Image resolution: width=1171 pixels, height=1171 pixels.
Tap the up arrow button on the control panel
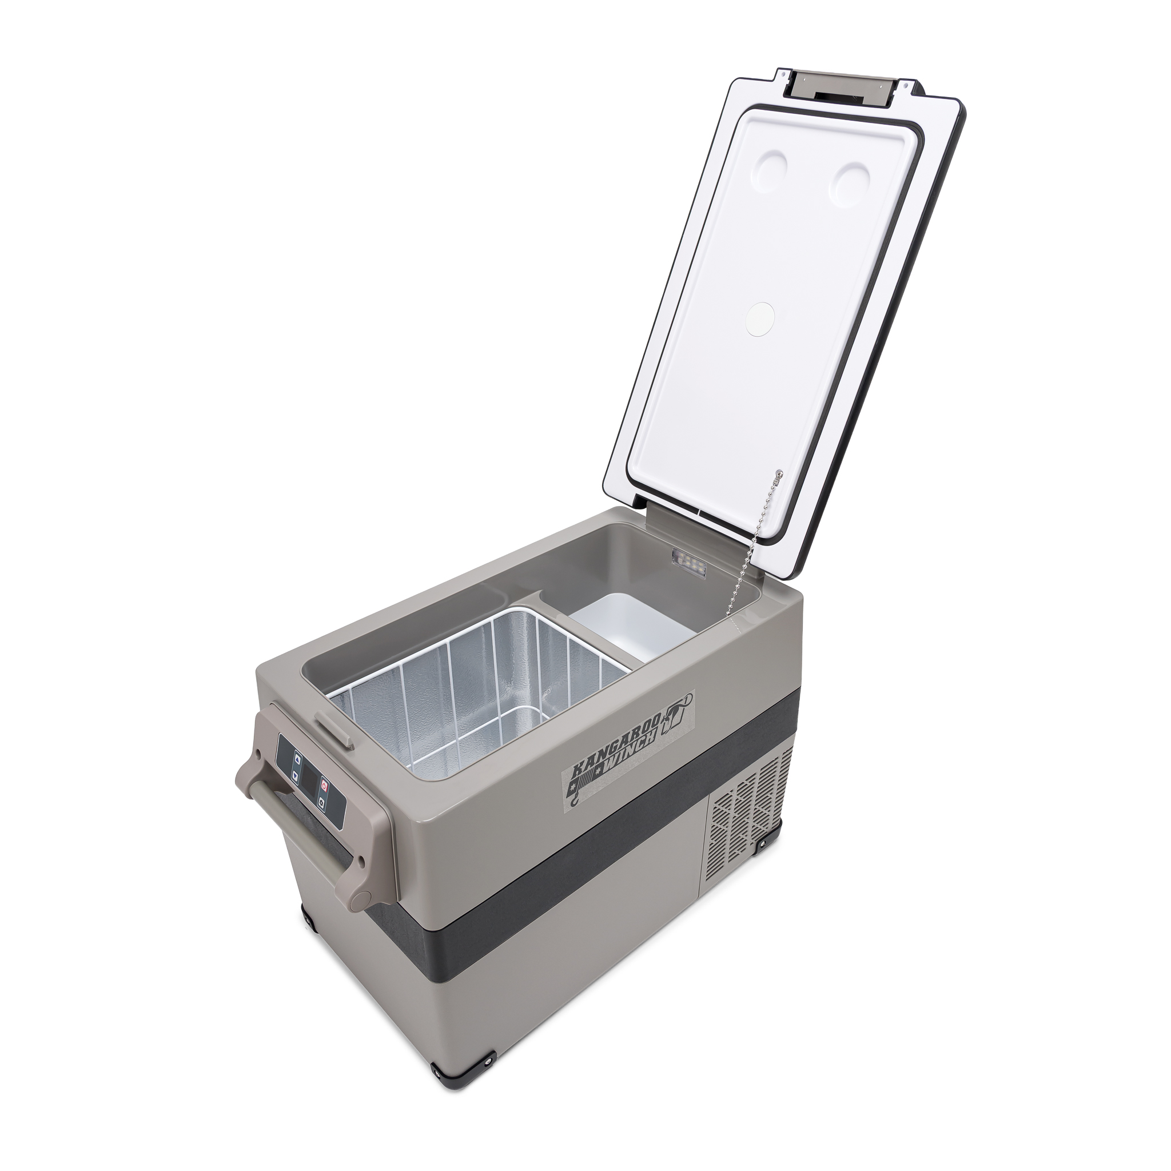pyautogui.click(x=297, y=758)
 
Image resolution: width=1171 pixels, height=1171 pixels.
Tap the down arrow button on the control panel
pyautogui.click(x=295, y=775)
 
